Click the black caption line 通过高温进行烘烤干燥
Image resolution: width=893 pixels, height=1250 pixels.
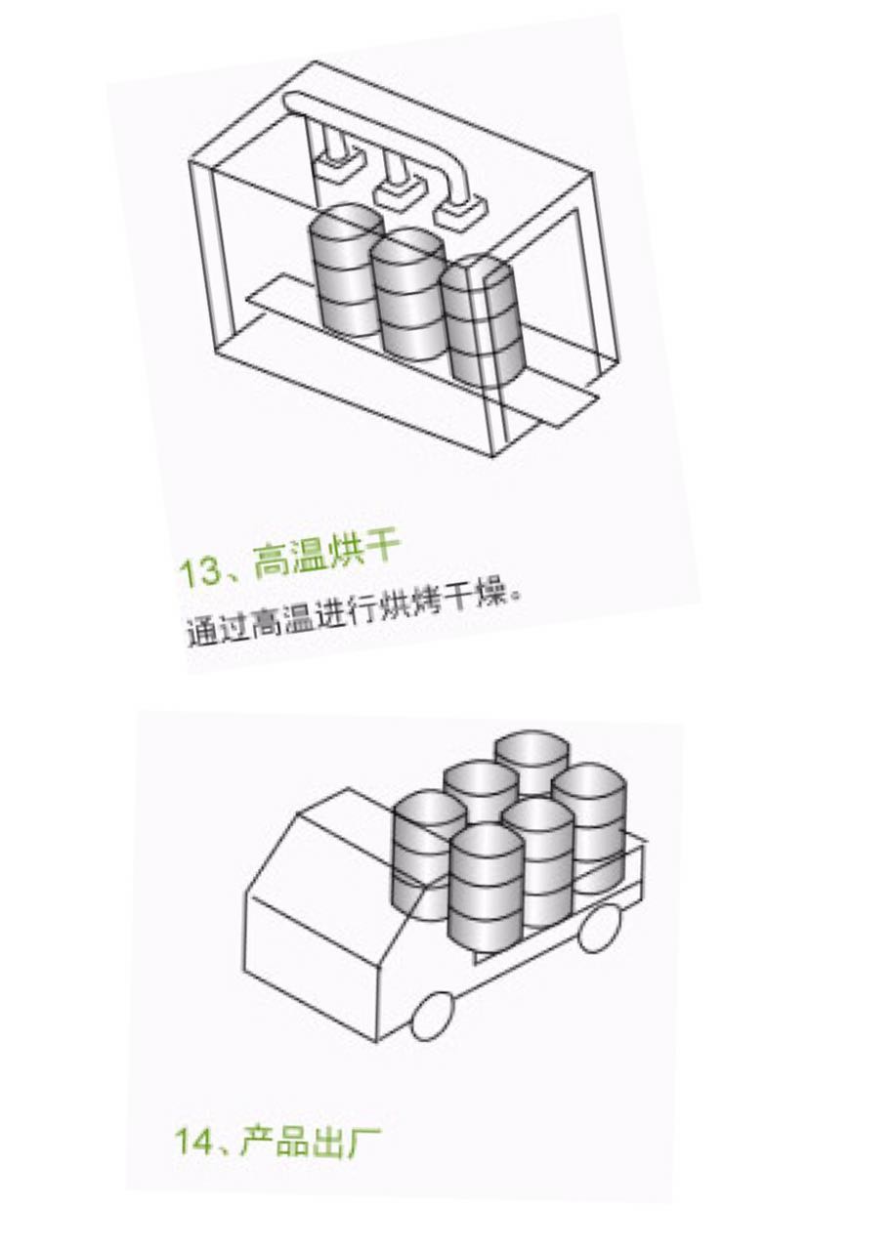point(348,614)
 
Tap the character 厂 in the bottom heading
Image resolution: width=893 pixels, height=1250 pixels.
point(365,1139)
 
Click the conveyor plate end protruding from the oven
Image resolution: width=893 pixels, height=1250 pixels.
point(562,407)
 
